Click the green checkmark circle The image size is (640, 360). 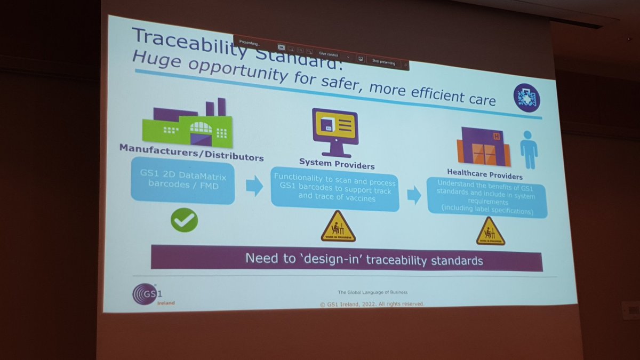[x=184, y=220]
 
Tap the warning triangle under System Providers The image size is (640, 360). [x=338, y=227]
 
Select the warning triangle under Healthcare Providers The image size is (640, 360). [x=490, y=231]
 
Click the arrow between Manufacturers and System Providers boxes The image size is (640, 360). [x=254, y=186]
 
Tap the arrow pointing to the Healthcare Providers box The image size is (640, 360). [x=414, y=195]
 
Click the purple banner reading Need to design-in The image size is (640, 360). [x=347, y=260]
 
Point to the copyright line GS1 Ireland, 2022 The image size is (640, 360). [x=372, y=304]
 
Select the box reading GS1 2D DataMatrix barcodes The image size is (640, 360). [x=183, y=183]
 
